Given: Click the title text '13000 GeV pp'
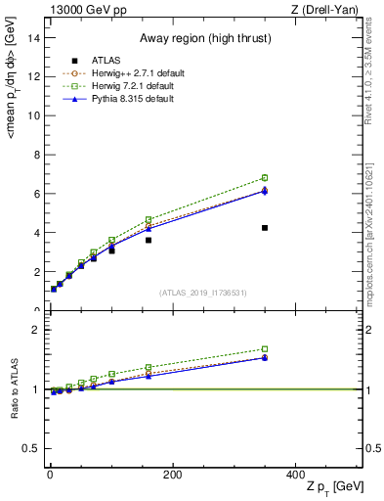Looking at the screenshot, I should click(82, 10).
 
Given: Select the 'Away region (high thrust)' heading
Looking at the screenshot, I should click(205, 38).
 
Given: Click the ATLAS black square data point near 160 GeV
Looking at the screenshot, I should click(149, 240).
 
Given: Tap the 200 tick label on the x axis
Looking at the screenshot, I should click(172, 474).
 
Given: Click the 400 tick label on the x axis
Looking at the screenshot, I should click(295, 474).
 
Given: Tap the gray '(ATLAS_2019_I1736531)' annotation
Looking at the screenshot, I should click(205, 293).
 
